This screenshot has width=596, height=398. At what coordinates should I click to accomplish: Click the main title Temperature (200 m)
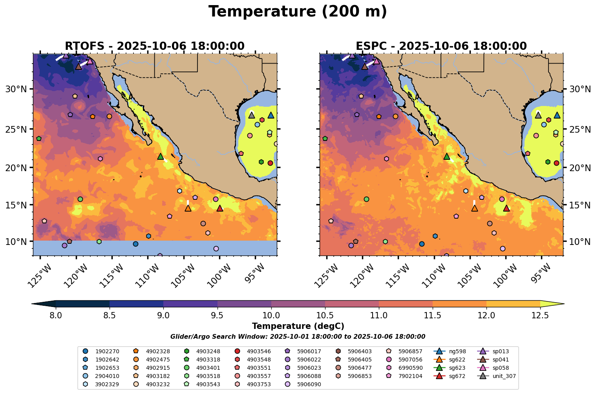coord(298,12)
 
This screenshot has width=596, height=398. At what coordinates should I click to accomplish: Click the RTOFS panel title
coord(155,46)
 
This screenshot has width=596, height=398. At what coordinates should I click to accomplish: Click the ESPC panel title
coord(441,46)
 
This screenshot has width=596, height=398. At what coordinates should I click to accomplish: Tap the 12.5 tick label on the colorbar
coord(540,315)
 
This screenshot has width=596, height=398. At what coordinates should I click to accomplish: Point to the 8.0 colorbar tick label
coord(56,315)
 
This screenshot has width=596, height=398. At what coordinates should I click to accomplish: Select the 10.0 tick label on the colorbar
coord(271,315)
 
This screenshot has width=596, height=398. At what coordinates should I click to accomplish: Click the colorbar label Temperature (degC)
coord(298,326)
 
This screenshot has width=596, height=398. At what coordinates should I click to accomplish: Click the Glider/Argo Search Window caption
coord(298,337)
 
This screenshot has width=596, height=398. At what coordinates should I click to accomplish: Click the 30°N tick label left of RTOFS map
coord(16,89)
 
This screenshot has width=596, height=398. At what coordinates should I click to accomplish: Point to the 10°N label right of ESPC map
coord(580,241)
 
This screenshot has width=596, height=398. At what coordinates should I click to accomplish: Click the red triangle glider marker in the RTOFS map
coord(220,208)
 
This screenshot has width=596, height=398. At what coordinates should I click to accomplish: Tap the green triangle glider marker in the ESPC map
coord(446,156)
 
